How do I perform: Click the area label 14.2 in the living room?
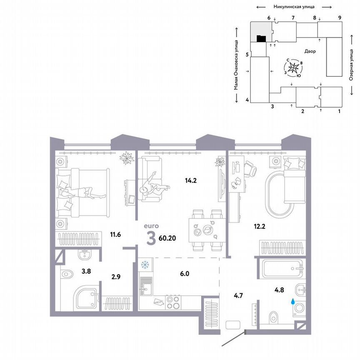(x=191, y=181)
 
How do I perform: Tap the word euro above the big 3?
(x=150, y=226)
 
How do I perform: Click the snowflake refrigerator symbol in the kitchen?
(x=145, y=265)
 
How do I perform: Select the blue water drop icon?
(x=292, y=300)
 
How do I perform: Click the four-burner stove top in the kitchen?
(x=173, y=302)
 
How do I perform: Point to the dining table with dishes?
(x=204, y=230)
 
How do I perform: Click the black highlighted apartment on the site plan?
(x=261, y=39)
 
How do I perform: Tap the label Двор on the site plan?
(x=310, y=52)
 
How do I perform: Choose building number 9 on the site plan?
(x=340, y=17)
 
